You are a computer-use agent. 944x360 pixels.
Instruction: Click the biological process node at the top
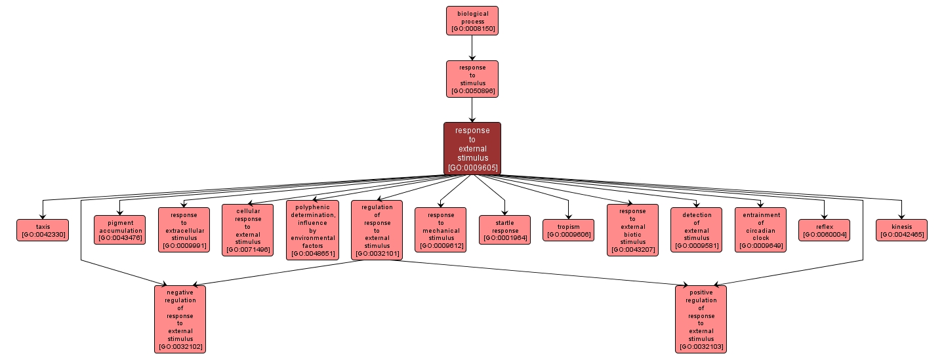click(472, 20)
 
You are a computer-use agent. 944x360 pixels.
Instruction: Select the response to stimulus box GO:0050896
click(472, 79)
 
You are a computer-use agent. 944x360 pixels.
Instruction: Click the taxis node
click(43, 230)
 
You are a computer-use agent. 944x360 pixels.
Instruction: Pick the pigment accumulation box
click(120, 230)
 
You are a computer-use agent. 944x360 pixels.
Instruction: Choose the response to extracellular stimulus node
click(184, 230)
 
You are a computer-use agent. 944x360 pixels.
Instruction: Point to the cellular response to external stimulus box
click(247, 230)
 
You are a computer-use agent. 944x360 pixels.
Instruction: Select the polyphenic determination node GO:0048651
click(312, 230)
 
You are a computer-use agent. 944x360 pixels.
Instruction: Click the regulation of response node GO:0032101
click(377, 230)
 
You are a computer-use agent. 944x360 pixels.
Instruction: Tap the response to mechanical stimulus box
click(441, 230)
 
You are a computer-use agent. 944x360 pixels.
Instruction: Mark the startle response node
click(505, 230)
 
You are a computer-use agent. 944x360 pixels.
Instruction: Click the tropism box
click(569, 230)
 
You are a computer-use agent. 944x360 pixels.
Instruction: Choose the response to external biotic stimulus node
click(632, 230)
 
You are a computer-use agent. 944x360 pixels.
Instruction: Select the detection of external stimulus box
click(696, 230)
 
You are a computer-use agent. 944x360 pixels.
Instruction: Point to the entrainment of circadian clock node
click(760, 230)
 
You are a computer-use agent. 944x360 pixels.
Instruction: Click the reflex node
click(824, 230)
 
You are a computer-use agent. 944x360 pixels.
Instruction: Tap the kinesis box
click(901, 230)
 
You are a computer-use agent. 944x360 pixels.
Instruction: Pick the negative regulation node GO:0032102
click(180, 319)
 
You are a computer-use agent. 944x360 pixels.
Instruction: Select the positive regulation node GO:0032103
click(701, 319)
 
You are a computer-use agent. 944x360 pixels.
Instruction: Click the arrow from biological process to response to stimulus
click(472, 47)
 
